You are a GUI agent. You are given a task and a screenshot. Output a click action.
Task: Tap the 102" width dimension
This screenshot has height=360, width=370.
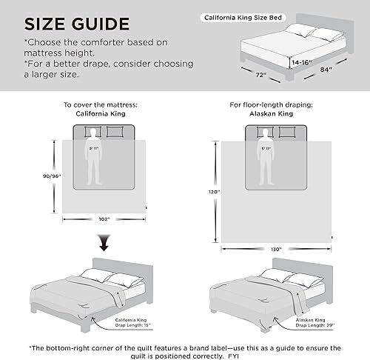104,219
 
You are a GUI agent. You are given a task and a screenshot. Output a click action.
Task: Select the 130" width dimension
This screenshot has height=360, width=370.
275,249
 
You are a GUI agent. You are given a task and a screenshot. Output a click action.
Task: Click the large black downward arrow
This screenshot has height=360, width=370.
104,243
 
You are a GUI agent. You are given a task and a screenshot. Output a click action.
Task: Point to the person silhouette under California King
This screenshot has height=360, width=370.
94,156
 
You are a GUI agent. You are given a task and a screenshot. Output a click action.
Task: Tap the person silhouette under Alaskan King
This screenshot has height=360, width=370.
266,156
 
